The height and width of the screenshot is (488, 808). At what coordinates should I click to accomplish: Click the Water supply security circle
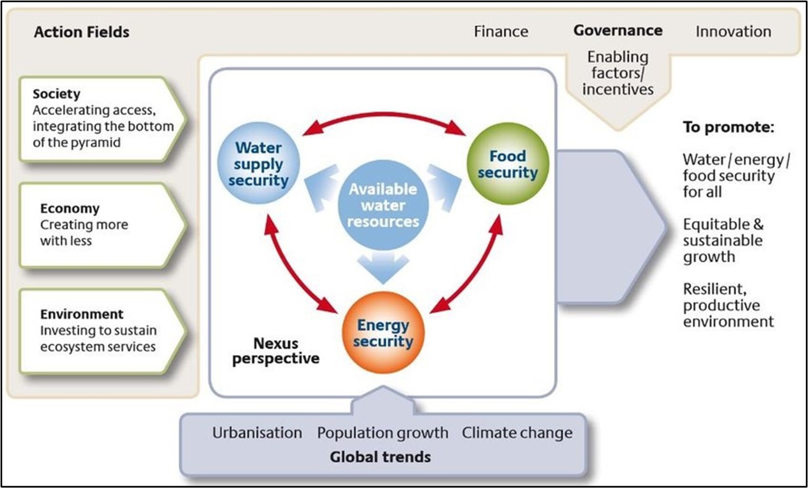(x=259, y=164)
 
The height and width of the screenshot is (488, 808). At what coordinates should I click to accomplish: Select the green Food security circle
(x=507, y=164)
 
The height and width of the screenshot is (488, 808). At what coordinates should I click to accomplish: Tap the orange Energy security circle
(x=383, y=333)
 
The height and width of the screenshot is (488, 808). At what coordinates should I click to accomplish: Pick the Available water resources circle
(x=383, y=205)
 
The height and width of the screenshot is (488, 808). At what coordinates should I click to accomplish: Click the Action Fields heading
(x=82, y=32)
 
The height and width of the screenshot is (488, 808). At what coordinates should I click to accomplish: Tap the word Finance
(x=501, y=31)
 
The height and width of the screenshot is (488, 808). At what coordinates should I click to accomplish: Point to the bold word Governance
(x=618, y=30)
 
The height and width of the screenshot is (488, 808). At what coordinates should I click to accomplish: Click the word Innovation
(x=733, y=31)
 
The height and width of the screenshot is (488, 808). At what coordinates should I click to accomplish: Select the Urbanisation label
(x=257, y=433)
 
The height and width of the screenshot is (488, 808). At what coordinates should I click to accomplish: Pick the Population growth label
(x=382, y=433)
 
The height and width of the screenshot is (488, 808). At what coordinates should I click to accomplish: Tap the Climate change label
(x=517, y=433)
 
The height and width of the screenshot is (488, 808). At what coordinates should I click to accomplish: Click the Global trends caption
(x=381, y=457)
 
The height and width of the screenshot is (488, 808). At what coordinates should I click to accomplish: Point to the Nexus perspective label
(x=276, y=351)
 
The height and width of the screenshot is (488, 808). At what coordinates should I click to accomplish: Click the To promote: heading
(x=728, y=127)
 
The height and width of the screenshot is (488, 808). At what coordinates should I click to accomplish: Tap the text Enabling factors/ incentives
(x=618, y=73)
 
